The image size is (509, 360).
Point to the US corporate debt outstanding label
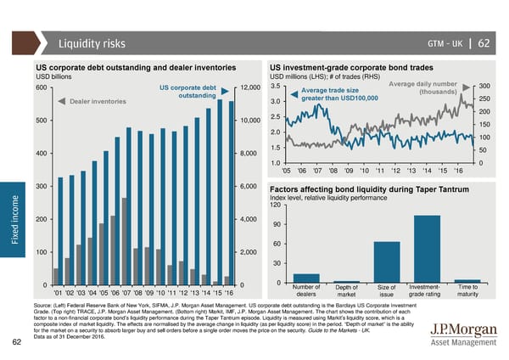[187, 91]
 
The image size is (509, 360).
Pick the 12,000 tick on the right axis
[255, 88]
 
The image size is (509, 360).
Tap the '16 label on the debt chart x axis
[227, 294]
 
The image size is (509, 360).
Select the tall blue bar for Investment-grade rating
[427, 248]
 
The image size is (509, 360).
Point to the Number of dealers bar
[305, 278]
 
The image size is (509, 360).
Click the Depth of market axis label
[346, 291]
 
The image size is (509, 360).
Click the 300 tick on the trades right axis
[484, 86]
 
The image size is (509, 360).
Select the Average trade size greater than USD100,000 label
[336, 95]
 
